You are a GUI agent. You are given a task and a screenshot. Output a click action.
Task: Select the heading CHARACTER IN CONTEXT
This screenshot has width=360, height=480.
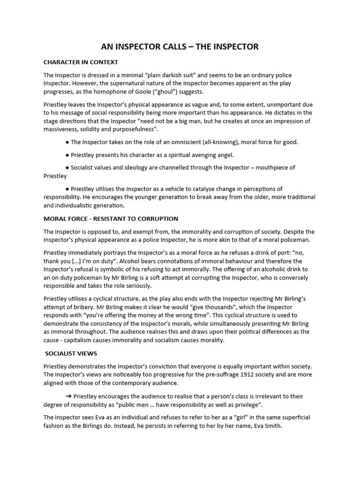click(81, 62)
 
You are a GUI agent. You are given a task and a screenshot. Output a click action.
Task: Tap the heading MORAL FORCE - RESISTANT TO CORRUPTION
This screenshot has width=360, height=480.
click(111, 218)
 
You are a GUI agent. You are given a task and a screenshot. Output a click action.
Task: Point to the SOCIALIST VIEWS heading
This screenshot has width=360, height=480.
click(71, 353)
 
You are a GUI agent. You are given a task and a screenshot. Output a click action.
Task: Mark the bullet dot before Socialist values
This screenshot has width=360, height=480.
click(67, 167)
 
